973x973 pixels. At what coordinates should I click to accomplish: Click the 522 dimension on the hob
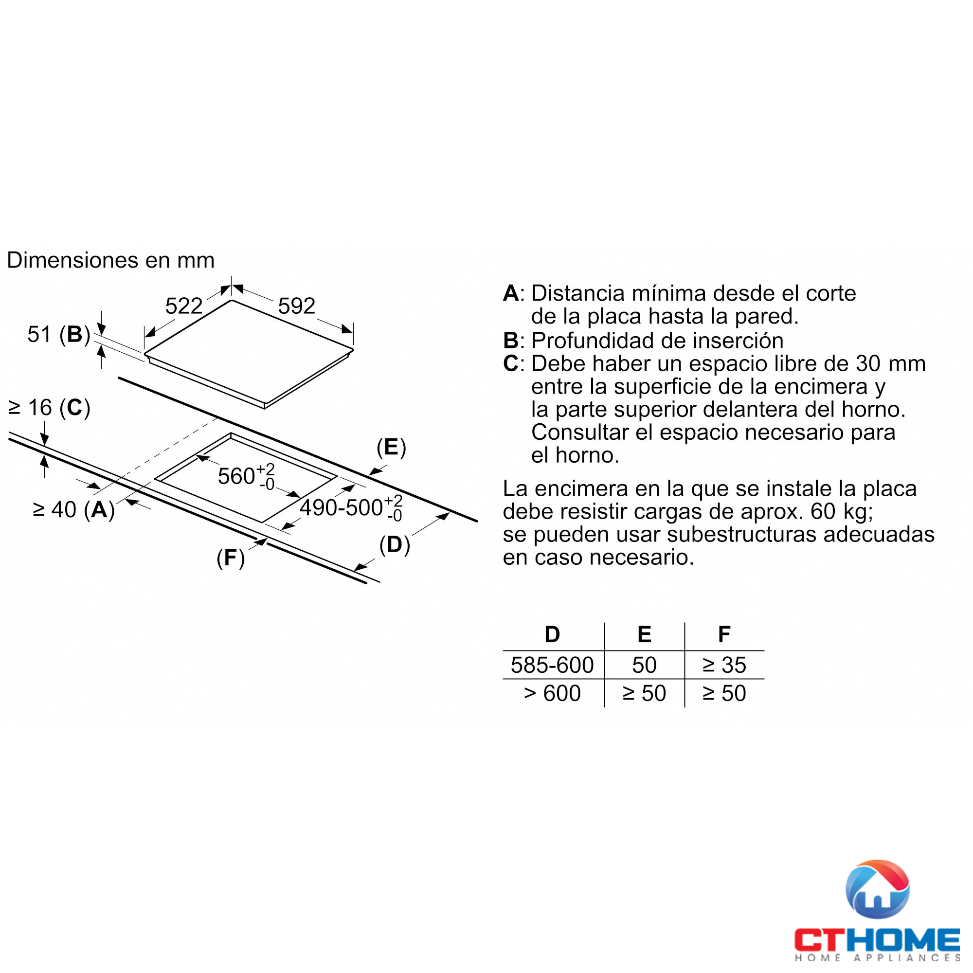point(184,306)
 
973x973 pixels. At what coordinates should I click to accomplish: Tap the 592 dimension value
point(297,306)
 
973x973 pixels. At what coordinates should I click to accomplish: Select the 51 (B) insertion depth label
point(58,334)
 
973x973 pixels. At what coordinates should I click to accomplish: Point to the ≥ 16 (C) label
point(49,407)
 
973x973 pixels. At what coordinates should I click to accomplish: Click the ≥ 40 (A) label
point(73,510)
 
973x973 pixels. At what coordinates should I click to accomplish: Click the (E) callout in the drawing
point(391,447)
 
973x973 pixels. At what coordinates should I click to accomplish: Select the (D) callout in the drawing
point(395,545)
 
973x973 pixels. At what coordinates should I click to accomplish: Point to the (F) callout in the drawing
point(231,558)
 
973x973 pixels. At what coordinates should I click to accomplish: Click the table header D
point(552,634)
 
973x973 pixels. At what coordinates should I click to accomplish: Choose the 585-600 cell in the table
point(552,665)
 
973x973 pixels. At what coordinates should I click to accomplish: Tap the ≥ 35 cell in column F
point(724,665)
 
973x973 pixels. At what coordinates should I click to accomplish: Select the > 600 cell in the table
point(552,693)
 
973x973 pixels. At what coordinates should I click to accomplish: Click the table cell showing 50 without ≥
point(644,665)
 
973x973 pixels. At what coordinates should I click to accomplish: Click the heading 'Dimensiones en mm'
point(111,260)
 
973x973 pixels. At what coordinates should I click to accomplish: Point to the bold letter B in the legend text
point(511,341)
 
